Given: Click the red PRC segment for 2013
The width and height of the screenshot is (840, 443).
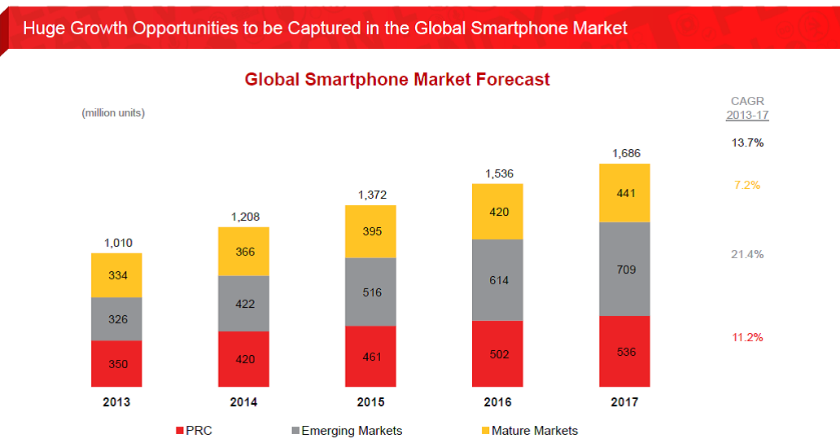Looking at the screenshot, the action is [x=116, y=364].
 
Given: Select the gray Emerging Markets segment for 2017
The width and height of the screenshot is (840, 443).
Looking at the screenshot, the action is [x=624, y=269].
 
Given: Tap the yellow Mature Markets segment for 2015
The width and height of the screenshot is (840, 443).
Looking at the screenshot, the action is [x=370, y=231].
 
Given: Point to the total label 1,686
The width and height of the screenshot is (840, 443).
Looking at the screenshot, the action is [x=626, y=153].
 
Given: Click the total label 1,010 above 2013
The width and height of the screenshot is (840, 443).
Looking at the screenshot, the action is [x=118, y=243].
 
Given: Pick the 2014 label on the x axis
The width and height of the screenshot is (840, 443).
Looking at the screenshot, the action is [x=243, y=401].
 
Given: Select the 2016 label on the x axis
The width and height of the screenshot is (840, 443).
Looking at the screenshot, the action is [x=497, y=401].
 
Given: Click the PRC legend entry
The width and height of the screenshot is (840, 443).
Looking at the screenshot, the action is [x=194, y=431].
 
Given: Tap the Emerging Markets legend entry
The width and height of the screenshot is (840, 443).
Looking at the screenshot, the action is [x=347, y=431].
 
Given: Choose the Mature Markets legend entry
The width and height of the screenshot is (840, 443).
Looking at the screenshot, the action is [x=530, y=431].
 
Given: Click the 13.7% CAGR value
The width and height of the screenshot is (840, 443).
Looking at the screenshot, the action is [x=747, y=143].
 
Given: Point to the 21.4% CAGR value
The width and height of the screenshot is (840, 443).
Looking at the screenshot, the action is [x=747, y=254].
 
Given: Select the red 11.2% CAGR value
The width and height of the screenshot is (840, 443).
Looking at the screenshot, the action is [x=747, y=337].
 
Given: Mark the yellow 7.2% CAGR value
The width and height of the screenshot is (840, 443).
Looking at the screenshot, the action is [x=747, y=185].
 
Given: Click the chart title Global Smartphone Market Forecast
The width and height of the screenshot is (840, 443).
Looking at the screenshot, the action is [x=397, y=79].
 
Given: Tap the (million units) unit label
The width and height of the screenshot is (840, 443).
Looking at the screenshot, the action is [x=113, y=113].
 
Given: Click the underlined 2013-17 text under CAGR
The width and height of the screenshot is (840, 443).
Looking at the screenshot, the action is [x=747, y=115].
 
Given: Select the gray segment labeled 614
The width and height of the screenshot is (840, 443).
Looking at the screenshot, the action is [x=497, y=279].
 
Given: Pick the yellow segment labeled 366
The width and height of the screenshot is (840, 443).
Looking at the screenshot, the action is [x=243, y=252].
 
